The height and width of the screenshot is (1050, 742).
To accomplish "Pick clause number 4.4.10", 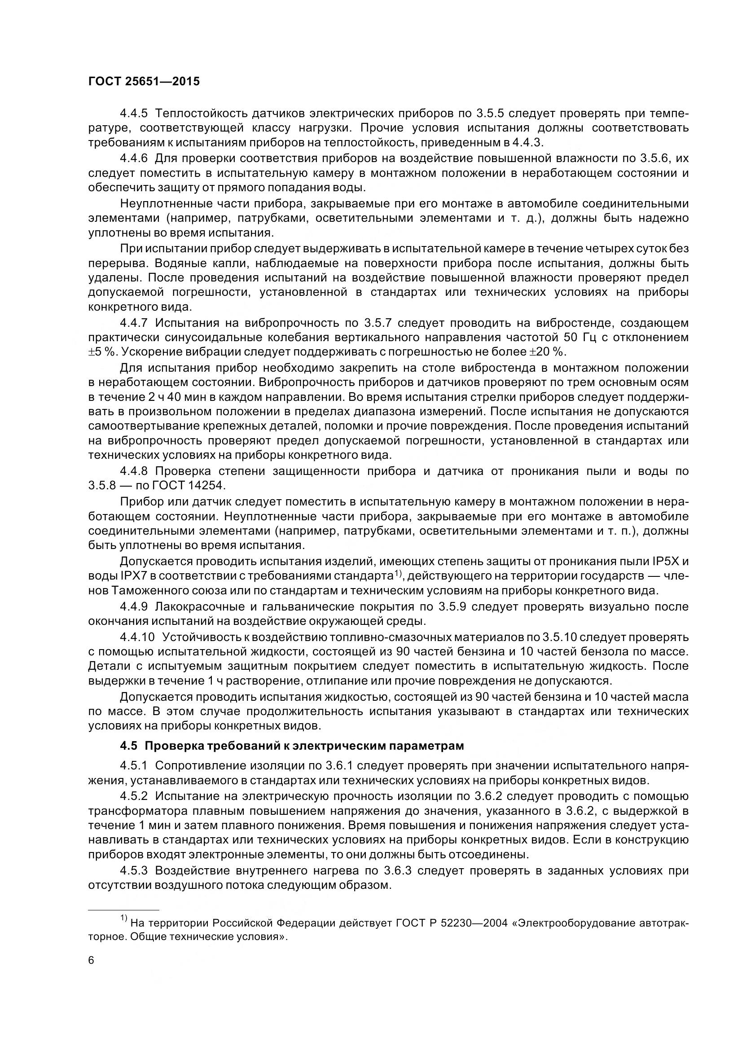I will [x=138, y=637].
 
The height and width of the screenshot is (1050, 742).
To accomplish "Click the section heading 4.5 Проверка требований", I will [x=292, y=746].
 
